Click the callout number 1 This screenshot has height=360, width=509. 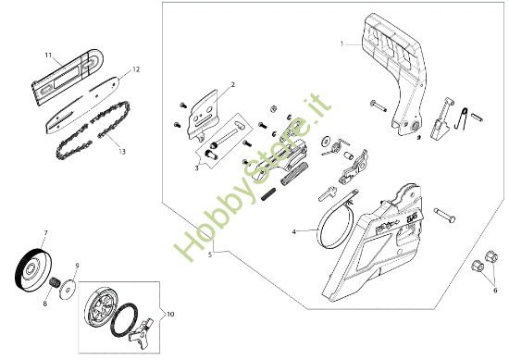pyautogui.click(x=341, y=43)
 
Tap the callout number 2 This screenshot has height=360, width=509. pyautogui.click(x=232, y=85)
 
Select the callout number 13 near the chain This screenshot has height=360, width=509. pyautogui.click(x=122, y=151)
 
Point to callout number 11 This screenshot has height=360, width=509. pyautogui.click(x=48, y=56)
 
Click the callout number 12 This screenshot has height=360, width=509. pyautogui.click(x=136, y=69)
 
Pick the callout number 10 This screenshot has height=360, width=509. pyautogui.click(x=170, y=315)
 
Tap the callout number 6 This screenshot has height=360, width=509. pyautogui.click(x=495, y=291)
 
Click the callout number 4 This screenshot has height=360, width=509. pyautogui.click(x=294, y=232)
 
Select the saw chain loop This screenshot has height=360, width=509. pyautogui.click(x=93, y=130)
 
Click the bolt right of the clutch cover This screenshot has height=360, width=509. pyautogui.click(x=443, y=215)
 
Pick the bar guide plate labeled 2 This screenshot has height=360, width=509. pyautogui.click(x=203, y=116)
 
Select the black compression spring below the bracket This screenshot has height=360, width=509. pyautogui.click(x=268, y=194)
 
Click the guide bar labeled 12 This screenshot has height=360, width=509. pyautogui.click(x=82, y=106)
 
